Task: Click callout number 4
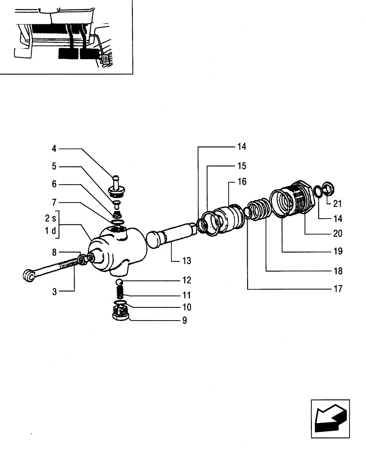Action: click(x=54, y=148)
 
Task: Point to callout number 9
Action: click(x=184, y=320)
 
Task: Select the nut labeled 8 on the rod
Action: click(x=83, y=260)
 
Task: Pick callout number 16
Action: click(x=241, y=181)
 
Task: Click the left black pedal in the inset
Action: click(x=68, y=55)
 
